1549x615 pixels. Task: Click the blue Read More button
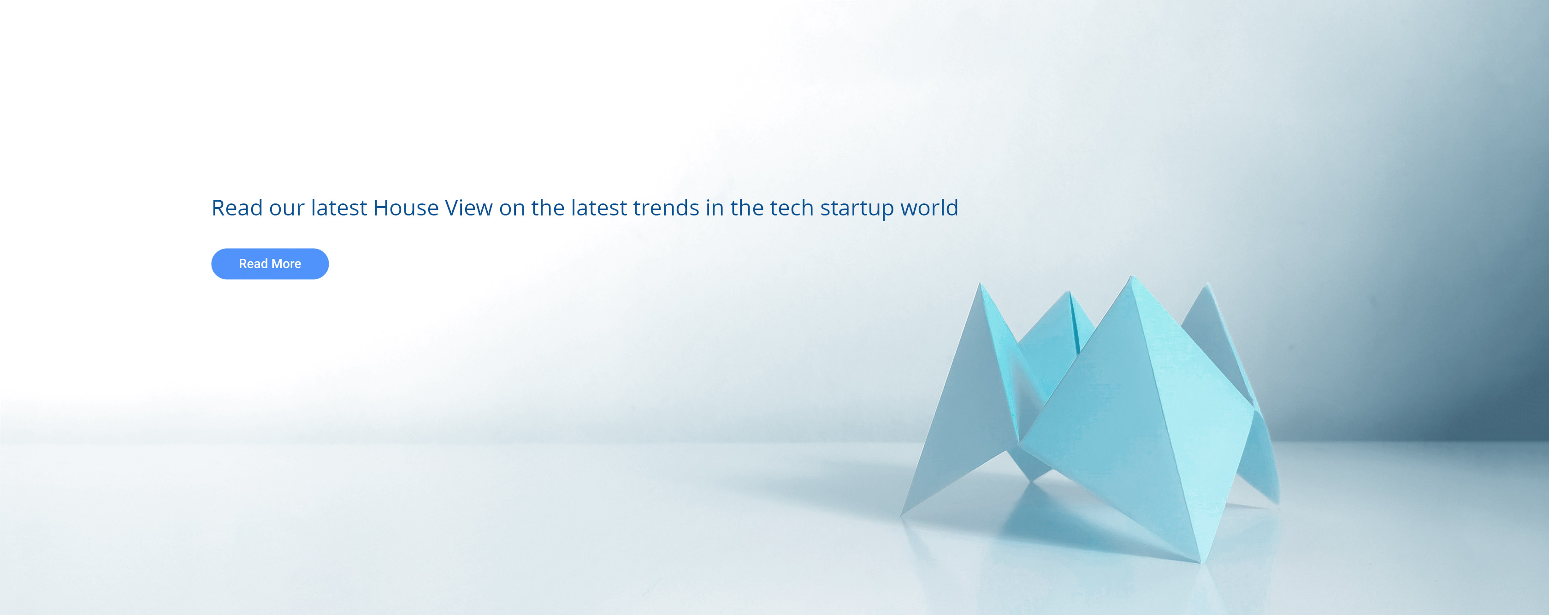[270, 263]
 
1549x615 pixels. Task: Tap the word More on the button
[286, 263]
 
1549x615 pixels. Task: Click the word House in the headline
[406, 208]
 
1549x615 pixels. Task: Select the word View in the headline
[468, 208]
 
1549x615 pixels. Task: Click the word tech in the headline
[792, 208]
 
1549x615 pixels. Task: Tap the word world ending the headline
[929, 208]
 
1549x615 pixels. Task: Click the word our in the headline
[287, 209]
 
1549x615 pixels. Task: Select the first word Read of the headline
[237, 208]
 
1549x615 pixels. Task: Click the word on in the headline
[512, 209]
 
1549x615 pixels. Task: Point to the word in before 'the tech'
[715, 208]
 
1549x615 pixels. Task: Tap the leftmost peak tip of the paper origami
[980, 283]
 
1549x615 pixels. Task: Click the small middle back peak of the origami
[1069, 293]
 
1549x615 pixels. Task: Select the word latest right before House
[338, 208]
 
